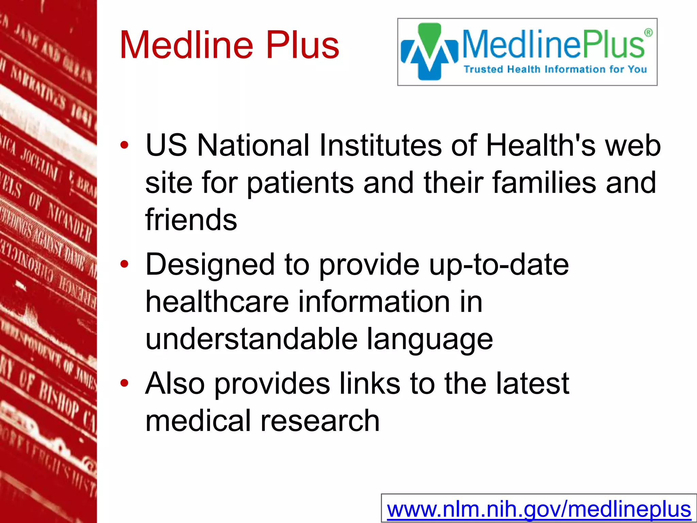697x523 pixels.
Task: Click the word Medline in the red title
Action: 187,45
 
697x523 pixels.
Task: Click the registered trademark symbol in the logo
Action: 648,33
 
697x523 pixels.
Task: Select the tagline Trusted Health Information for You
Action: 555,69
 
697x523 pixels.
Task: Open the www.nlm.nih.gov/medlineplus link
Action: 539,509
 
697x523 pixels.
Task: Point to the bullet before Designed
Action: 125,264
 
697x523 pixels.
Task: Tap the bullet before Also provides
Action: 125,383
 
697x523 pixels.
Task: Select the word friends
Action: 191,220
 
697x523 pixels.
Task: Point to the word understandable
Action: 251,339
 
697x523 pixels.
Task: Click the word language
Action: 429,339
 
